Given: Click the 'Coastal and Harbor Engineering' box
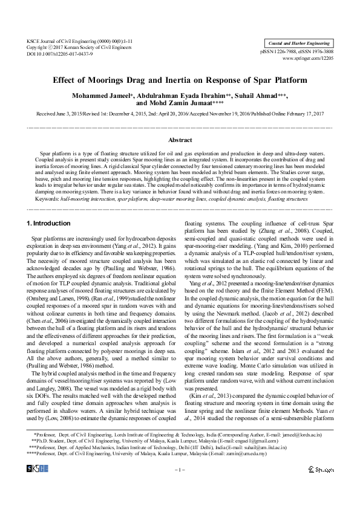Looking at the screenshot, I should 299,42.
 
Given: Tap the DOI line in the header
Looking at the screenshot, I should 60,54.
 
